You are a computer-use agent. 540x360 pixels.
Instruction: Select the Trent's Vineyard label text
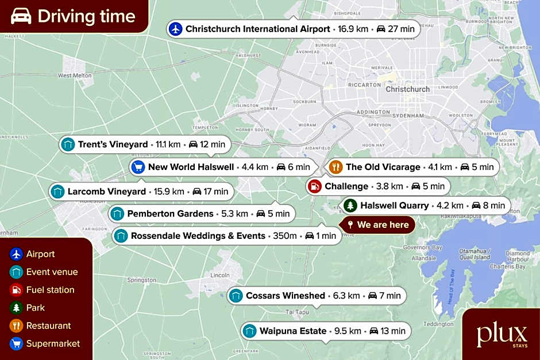pyautogui.click(x=113, y=144)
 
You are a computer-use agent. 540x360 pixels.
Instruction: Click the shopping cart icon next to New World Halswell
pyautogui.click(x=137, y=167)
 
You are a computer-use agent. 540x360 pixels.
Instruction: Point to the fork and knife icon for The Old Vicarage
pyautogui.click(x=335, y=167)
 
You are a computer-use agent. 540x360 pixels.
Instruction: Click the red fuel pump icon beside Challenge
pyautogui.click(x=314, y=186)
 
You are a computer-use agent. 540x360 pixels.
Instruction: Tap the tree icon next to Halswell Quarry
pyautogui.click(x=350, y=205)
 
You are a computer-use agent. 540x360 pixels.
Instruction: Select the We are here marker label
pyautogui.click(x=383, y=224)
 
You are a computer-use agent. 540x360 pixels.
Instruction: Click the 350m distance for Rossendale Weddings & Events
pyautogui.click(x=285, y=236)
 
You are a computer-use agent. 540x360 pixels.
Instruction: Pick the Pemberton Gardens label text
pyautogui.click(x=170, y=214)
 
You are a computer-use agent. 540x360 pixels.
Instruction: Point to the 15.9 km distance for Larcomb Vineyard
pyautogui.click(x=169, y=191)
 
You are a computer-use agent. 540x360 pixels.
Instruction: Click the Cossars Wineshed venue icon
pyautogui.click(x=235, y=296)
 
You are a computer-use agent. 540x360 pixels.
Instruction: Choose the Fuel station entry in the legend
pyautogui.click(x=51, y=290)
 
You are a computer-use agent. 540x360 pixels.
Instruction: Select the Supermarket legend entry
pyautogui.click(x=53, y=343)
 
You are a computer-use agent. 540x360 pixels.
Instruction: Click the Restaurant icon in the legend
pyautogui.click(x=17, y=326)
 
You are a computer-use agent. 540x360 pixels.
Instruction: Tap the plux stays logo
pyautogui.click(x=502, y=335)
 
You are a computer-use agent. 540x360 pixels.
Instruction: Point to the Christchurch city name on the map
pyautogui.click(x=408, y=89)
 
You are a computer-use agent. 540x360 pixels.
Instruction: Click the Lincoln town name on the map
pyautogui.click(x=221, y=275)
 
